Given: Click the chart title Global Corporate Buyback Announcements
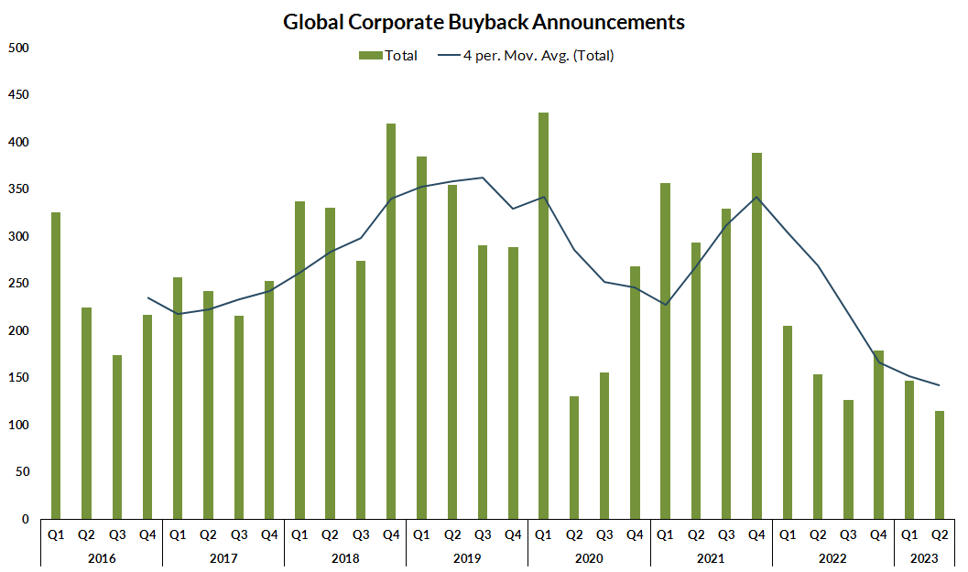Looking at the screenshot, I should click(484, 22).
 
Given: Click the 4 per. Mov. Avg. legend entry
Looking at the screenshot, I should click(526, 56).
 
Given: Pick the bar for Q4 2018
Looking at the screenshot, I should click(391, 321).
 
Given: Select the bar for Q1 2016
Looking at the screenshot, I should click(56, 366).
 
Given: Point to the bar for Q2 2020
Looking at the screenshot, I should click(574, 458).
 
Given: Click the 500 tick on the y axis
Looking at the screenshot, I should click(18, 48).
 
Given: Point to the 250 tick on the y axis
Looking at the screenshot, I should click(18, 284).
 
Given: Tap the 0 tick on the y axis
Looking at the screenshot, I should click(26, 519).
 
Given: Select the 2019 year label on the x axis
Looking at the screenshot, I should click(467, 556).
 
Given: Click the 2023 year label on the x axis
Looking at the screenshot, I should click(924, 556).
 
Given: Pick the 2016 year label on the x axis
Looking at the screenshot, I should click(102, 556).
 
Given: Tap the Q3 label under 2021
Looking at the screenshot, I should click(726, 534).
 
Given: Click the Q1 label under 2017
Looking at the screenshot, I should click(178, 534).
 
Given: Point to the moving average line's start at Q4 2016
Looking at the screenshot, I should click(147, 297).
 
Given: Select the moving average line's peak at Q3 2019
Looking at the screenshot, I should click(483, 178).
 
